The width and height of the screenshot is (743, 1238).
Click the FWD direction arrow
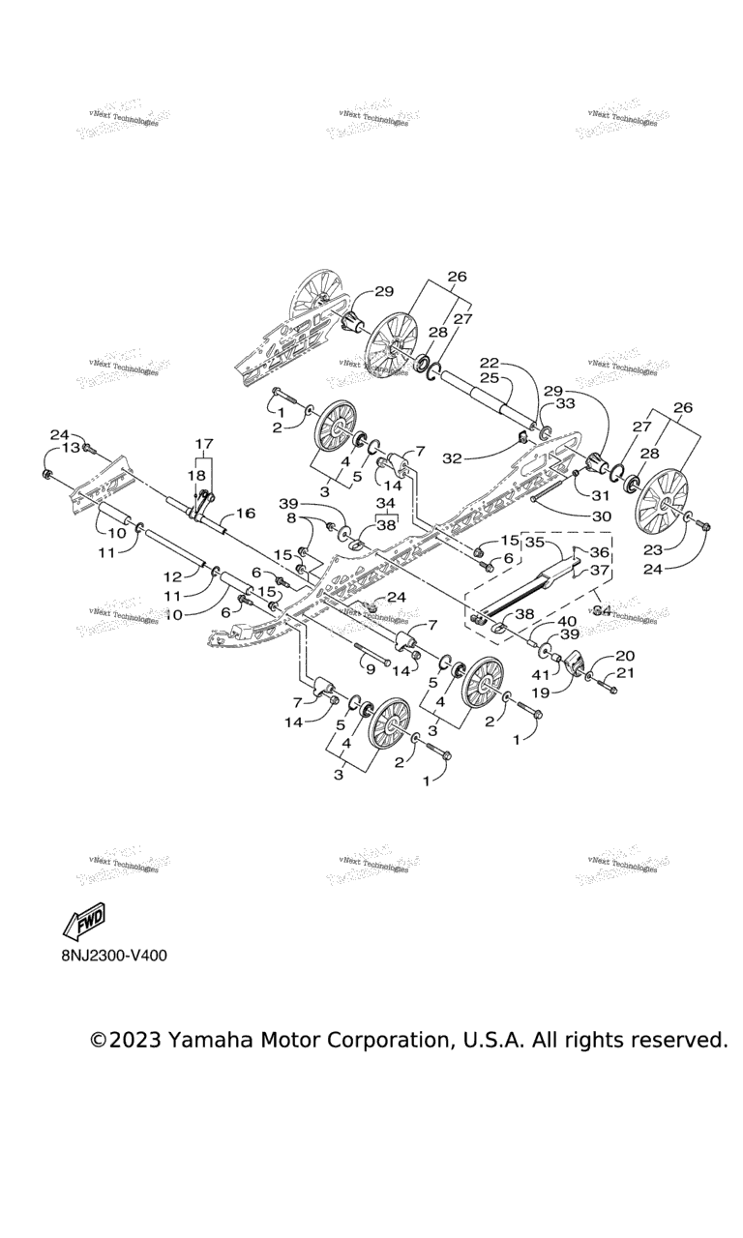(x=84, y=922)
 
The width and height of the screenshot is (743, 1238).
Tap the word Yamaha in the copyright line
(x=211, y=1040)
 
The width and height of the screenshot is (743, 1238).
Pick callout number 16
(x=245, y=513)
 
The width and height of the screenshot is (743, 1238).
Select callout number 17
(x=204, y=444)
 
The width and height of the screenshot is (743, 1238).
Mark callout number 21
(x=626, y=673)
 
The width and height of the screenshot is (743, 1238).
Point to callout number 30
(x=600, y=516)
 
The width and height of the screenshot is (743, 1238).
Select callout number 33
(x=565, y=403)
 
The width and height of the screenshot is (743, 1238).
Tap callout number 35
(x=535, y=543)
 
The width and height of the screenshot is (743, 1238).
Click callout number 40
(x=567, y=621)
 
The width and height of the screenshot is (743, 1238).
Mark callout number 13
(x=72, y=448)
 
